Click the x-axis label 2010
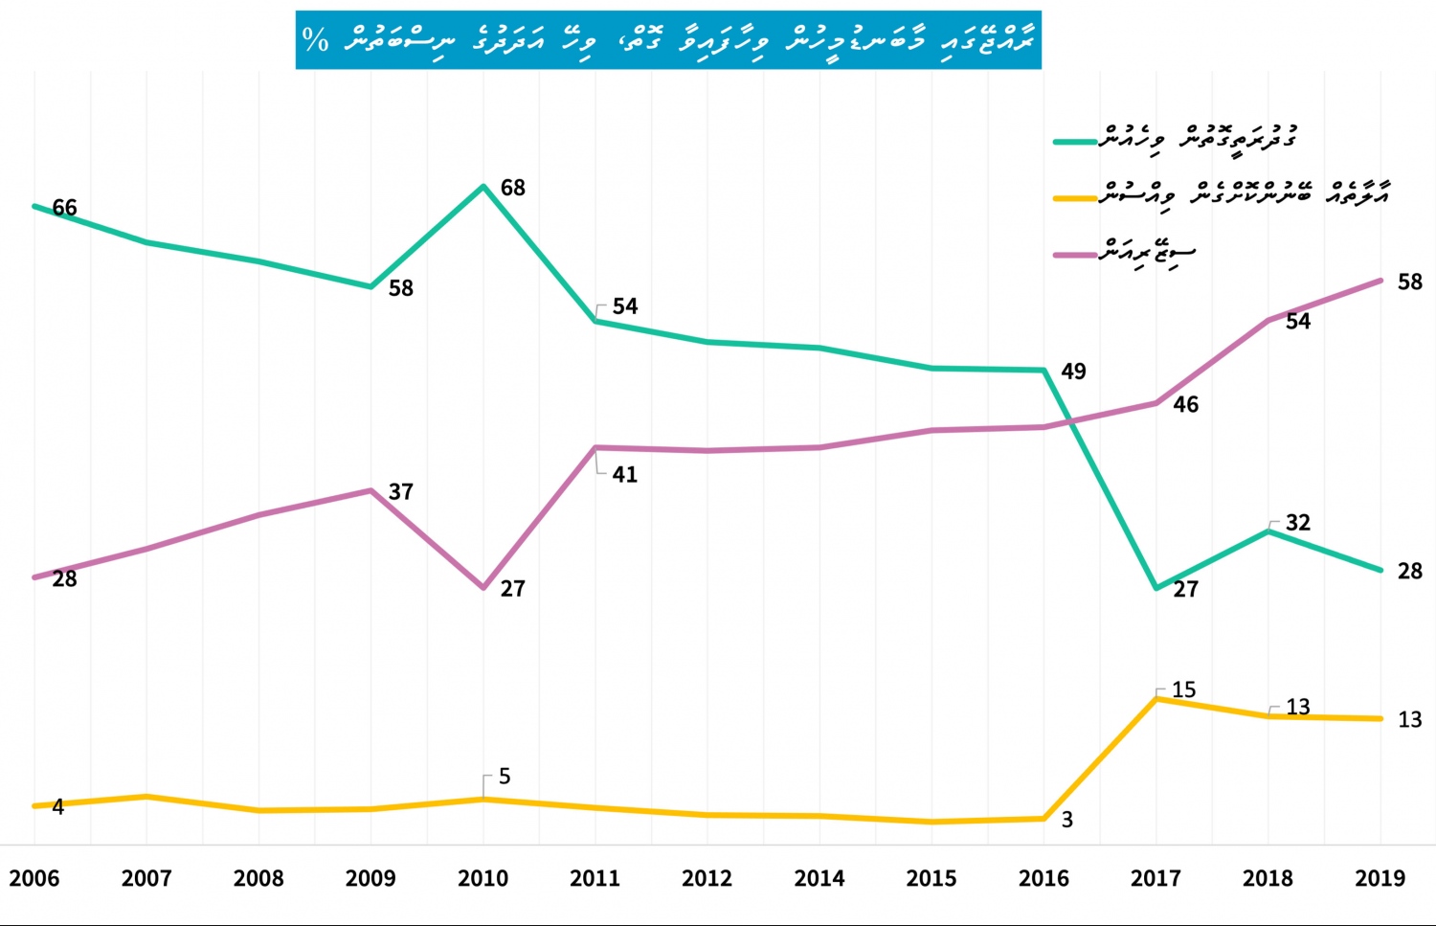pyautogui.click(x=482, y=878)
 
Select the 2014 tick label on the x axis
pyautogui.click(x=819, y=878)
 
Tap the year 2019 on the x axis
pyautogui.click(x=1380, y=878)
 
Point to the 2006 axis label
pyautogui.click(x=34, y=878)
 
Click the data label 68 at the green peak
pyautogui.click(x=513, y=188)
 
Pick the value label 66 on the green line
pyautogui.click(x=64, y=208)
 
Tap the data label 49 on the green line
pyautogui.click(x=1073, y=372)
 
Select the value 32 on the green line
pyautogui.click(x=1297, y=523)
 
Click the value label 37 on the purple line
pyautogui.click(x=401, y=492)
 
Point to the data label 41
pyautogui.click(x=624, y=475)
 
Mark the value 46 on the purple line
pyautogui.click(x=1185, y=405)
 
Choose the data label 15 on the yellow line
pyautogui.click(x=1183, y=690)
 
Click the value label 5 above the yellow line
pyautogui.click(x=505, y=777)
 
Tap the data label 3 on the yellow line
pyautogui.click(x=1067, y=820)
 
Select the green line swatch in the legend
pyautogui.click(x=1074, y=142)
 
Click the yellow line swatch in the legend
pyautogui.click(x=1074, y=198)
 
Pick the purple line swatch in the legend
pyautogui.click(x=1074, y=255)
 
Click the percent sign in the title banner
pyautogui.click(x=315, y=40)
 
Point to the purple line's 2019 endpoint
pyautogui.click(x=1380, y=281)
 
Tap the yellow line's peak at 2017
pyautogui.click(x=1156, y=699)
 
